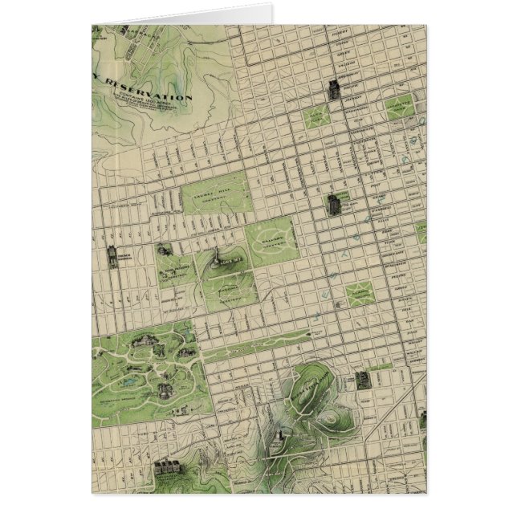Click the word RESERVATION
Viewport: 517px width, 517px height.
pyautogui.click(x=153, y=95)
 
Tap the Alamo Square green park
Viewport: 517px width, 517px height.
pyautogui.click(x=356, y=294)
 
